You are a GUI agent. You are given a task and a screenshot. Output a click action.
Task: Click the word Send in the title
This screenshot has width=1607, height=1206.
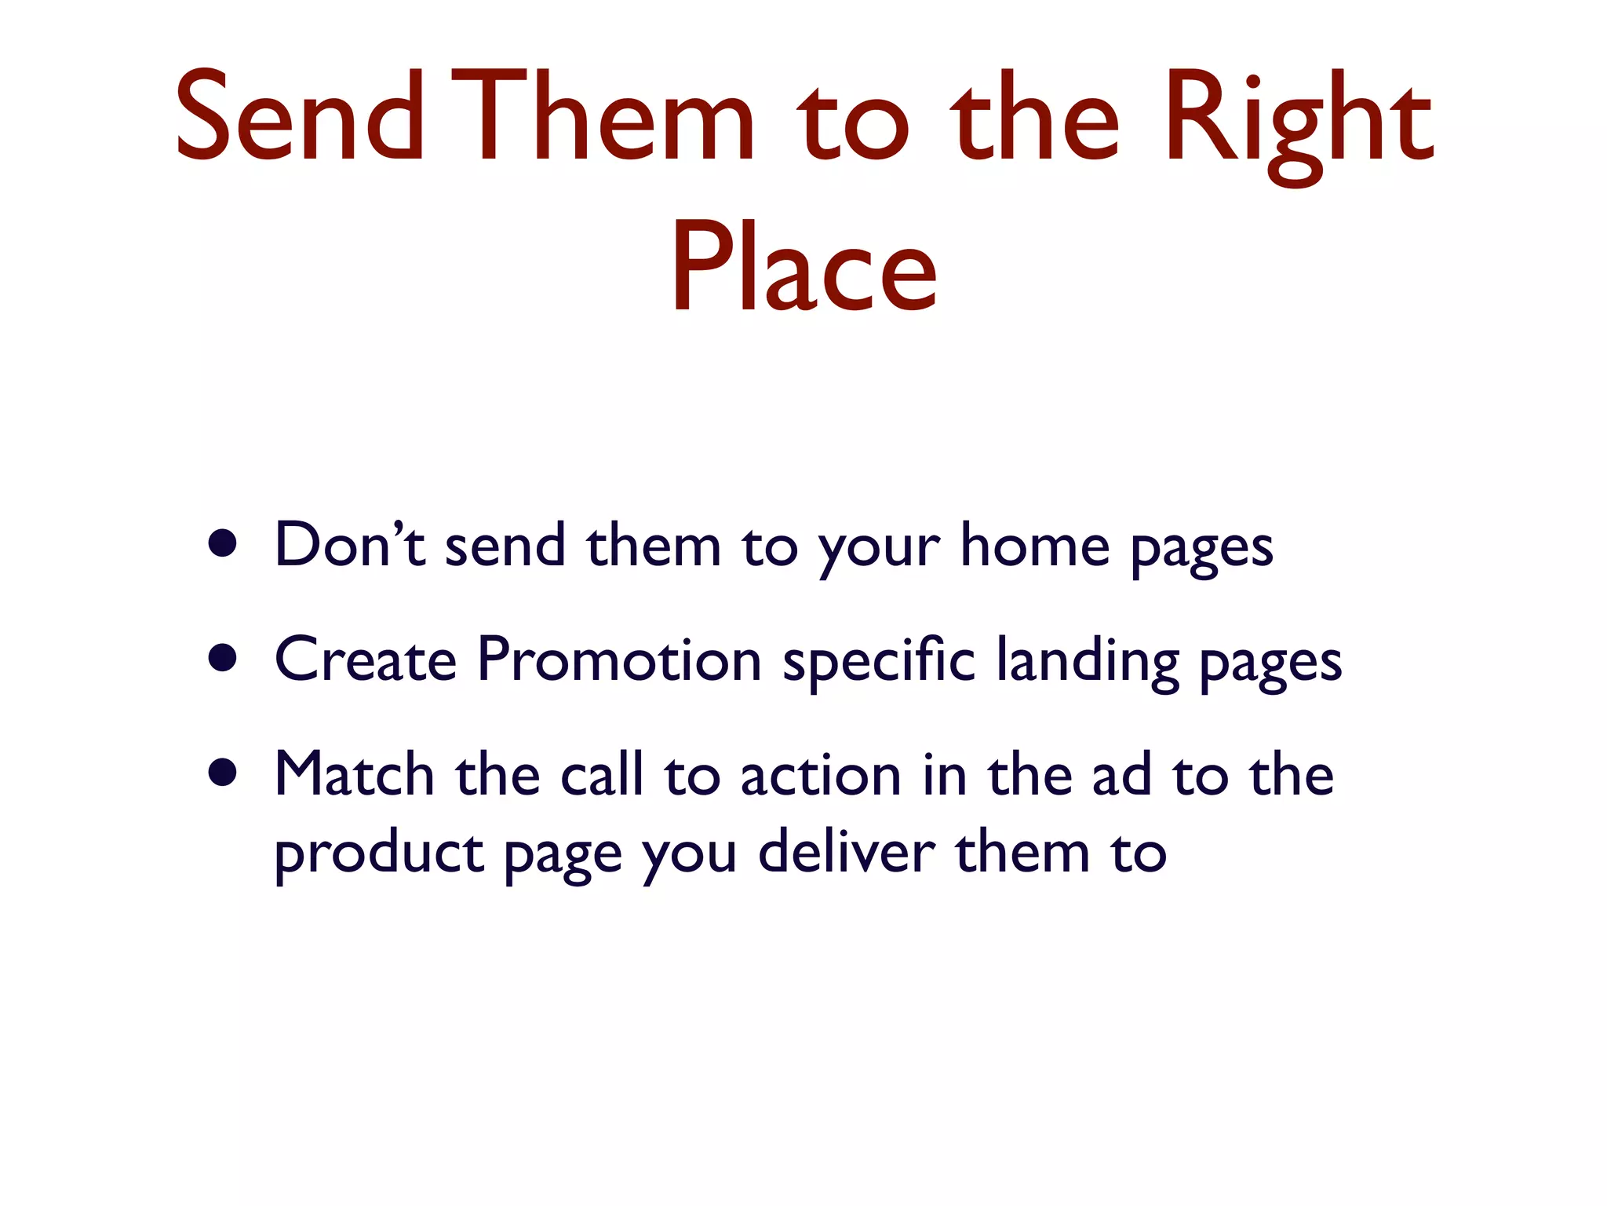(x=299, y=118)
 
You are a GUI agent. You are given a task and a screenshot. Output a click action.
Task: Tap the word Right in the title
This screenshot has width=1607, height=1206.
(x=1298, y=122)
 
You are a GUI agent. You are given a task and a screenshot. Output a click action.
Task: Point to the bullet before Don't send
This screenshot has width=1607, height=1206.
(x=224, y=543)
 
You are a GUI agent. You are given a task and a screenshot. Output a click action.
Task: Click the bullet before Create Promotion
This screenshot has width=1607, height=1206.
(x=224, y=658)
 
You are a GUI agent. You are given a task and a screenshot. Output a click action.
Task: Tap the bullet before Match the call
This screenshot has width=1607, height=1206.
(x=224, y=773)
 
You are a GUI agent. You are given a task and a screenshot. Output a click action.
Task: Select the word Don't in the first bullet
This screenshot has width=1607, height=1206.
(x=350, y=545)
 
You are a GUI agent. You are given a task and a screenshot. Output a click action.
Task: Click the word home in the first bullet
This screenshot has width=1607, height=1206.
(x=1035, y=545)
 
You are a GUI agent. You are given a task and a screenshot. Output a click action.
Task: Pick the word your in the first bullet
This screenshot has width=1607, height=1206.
(x=879, y=550)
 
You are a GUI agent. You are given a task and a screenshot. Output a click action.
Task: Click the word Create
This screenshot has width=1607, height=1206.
(x=365, y=660)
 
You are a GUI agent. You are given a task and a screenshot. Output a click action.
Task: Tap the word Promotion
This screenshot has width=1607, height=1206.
(x=619, y=660)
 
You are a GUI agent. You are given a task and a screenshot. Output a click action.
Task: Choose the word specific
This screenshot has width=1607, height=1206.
(x=879, y=661)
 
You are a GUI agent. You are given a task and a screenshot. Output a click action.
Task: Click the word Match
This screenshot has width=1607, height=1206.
(x=354, y=774)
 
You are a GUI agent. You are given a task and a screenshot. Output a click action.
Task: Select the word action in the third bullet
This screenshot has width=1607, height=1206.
(x=820, y=776)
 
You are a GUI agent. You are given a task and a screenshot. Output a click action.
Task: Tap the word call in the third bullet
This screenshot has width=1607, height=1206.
(x=602, y=774)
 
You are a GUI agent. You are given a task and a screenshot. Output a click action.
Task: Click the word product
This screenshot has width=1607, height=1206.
(x=379, y=853)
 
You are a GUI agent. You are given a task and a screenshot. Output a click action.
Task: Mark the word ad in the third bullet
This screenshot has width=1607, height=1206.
(x=1121, y=774)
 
